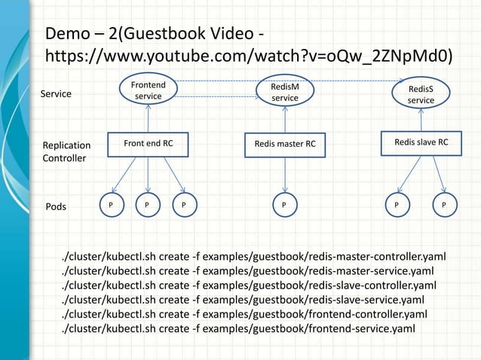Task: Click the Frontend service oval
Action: point(148,92)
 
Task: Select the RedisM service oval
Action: point(284,93)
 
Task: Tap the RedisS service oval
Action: point(420,94)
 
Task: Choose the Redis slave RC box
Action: point(421,142)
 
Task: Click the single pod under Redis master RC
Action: point(283,203)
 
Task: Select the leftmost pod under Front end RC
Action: point(110,203)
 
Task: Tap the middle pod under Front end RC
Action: point(147,203)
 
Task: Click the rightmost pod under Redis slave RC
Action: point(444,203)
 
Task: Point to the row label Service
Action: point(57,94)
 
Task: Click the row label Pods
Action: point(57,204)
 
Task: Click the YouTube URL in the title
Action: point(249,56)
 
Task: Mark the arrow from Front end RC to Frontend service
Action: point(148,120)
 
